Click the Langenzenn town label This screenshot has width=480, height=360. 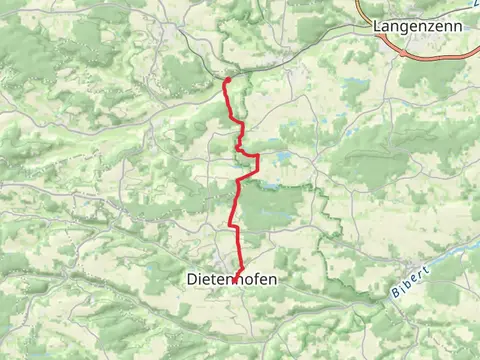[x=417, y=25]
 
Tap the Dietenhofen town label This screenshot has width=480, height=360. [x=232, y=281]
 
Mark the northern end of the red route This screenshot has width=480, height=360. [x=228, y=79]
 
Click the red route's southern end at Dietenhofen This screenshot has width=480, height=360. [x=235, y=281]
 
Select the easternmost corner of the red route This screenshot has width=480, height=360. [x=258, y=158]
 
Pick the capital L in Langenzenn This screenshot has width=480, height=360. [x=376, y=25]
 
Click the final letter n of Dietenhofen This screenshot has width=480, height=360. [x=271, y=281]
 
